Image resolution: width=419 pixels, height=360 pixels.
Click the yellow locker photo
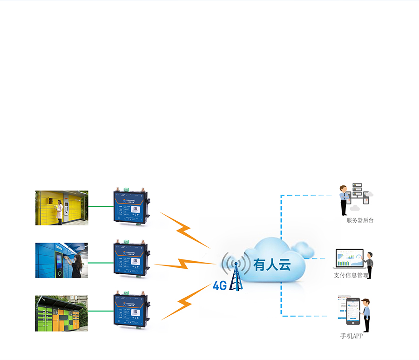pyautogui.click(x=61, y=208)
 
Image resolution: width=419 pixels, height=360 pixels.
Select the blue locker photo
pyautogui.click(x=61, y=260)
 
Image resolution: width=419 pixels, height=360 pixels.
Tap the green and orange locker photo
pyautogui.click(x=61, y=313)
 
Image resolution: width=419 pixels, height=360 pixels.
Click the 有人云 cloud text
pyautogui.click(x=272, y=265)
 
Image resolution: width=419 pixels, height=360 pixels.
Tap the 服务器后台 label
pyautogui.click(x=360, y=220)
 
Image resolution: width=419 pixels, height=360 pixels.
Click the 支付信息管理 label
pyautogui.click(x=351, y=275)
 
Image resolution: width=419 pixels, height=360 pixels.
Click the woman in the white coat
pyautogui.click(x=60, y=212)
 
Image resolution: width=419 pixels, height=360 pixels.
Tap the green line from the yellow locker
pyautogui.click(x=100, y=207)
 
